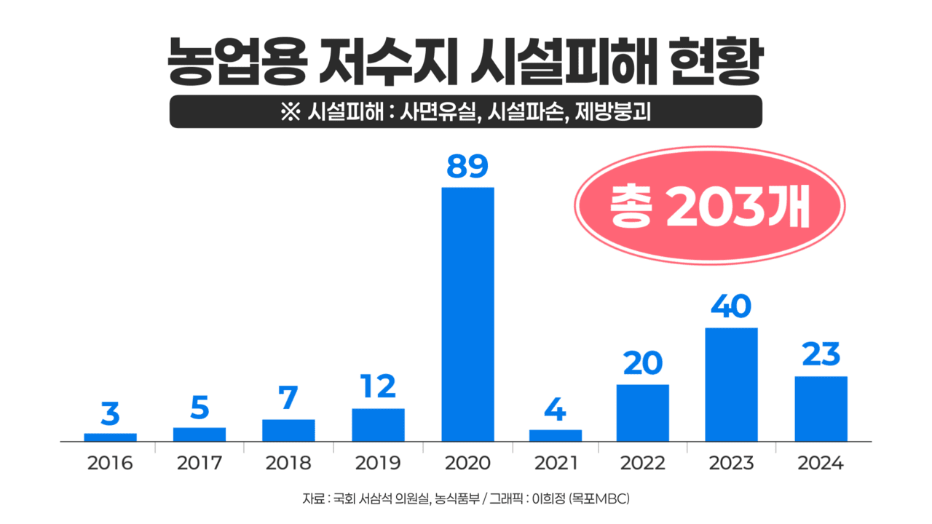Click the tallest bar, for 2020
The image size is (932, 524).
(467, 314)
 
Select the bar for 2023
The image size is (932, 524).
(731, 384)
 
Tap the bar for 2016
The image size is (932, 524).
(110, 437)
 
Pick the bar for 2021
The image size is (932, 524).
(556, 435)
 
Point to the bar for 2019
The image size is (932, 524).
(378, 424)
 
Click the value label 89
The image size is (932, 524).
(467, 167)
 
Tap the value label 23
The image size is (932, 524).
(821, 355)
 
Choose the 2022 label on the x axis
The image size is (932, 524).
(642, 464)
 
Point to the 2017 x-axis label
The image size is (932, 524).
(200, 464)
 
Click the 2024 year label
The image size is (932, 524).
(821, 464)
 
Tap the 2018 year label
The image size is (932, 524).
(289, 464)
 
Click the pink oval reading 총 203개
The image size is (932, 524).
(709, 206)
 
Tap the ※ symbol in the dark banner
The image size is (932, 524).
(290, 112)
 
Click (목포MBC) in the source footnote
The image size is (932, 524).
(599, 499)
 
